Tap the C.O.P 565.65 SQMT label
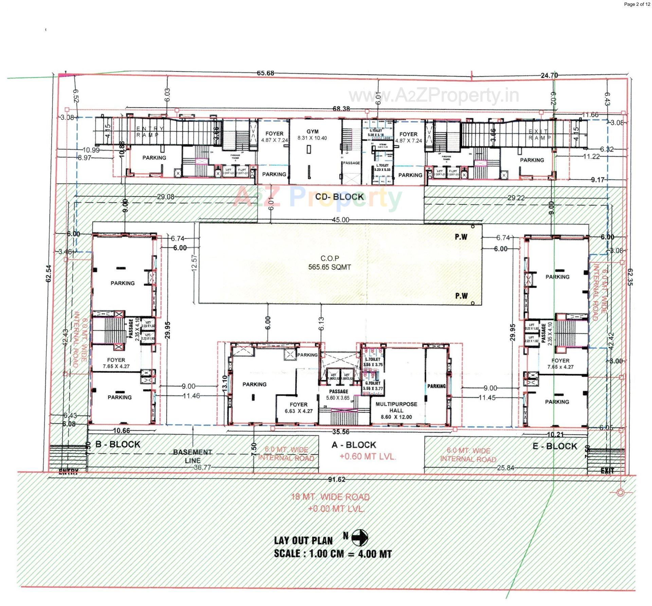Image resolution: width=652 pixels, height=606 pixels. tap(329, 263)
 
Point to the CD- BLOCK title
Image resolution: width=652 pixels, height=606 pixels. tap(339, 197)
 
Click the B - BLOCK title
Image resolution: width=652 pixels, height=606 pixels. tap(118, 445)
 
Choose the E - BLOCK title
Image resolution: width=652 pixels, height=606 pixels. tap(555, 446)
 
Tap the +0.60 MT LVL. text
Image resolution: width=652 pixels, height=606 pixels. tap(367, 457)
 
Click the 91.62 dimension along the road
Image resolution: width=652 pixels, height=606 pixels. tap(337, 479)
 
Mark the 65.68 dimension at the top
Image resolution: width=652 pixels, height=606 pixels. tap(265, 73)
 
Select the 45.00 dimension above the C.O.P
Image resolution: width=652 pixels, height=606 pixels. tap(340, 220)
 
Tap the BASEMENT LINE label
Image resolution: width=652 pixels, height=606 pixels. tap(193, 456)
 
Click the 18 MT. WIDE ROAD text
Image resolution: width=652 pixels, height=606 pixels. tap(330, 497)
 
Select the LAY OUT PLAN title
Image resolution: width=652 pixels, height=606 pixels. tap(303, 540)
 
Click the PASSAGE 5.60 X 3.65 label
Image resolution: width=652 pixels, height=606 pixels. tap(338, 395)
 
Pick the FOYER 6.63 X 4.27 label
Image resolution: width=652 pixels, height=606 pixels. tap(298, 408)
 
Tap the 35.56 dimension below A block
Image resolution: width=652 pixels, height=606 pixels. tap(341, 432)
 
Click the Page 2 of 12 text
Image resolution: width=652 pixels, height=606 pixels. tap(637, 4)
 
